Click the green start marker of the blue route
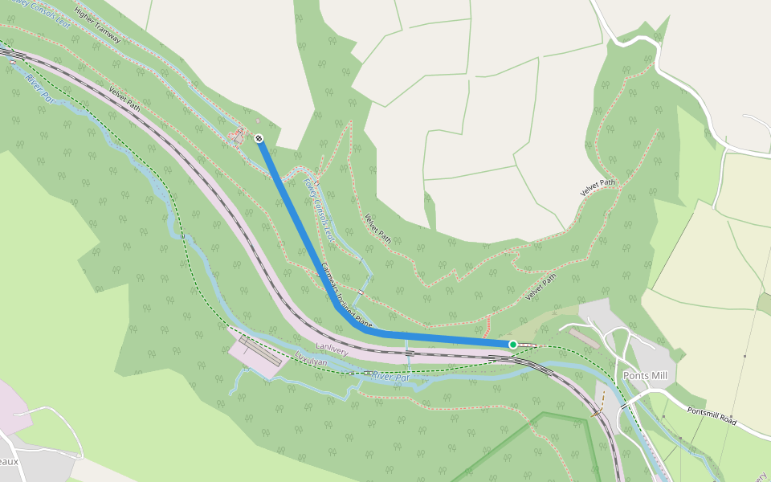[x=513, y=345]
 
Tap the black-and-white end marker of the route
[x=259, y=138]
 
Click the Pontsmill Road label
[x=712, y=416]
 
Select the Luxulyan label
[x=312, y=362]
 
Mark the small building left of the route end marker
[x=238, y=137]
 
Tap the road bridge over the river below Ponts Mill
[x=622, y=406]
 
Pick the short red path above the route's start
[x=486, y=325]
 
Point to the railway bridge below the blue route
[x=410, y=352]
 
